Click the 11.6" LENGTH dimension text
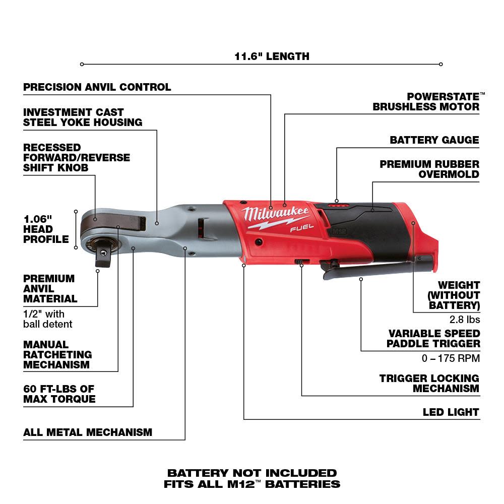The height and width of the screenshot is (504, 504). point(272,56)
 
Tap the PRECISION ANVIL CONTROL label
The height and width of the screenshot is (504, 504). point(97,87)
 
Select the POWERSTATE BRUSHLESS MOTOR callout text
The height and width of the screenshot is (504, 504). point(426,101)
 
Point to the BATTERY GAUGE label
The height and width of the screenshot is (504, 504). point(434,140)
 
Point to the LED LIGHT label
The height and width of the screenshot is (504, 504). point(451,412)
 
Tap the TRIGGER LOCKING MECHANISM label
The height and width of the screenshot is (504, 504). point(429,383)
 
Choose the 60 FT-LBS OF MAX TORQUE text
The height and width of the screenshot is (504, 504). point(59,394)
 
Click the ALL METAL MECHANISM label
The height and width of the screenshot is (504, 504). point(88,432)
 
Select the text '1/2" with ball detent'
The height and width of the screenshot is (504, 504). point(47,319)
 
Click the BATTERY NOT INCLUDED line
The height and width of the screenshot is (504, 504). point(252,473)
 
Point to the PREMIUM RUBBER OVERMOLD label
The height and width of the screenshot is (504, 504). point(429,169)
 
